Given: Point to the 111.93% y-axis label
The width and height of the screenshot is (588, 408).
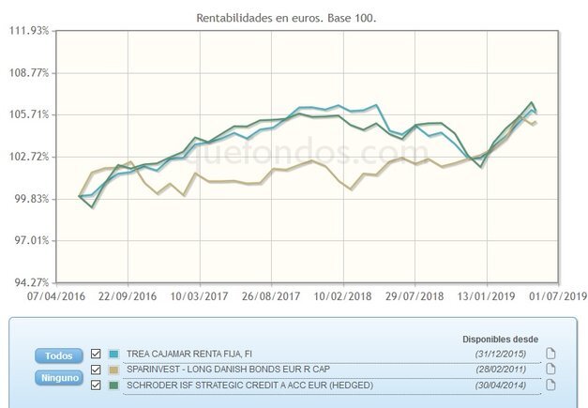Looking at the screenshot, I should point(28,31).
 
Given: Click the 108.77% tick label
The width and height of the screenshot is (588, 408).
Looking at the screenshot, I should point(28,72).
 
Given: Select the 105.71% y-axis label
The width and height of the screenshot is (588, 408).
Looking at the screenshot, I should point(28,114).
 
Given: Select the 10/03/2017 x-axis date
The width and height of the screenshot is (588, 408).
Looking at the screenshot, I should point(200,295).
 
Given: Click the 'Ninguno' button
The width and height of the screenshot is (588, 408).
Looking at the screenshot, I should point(59,378).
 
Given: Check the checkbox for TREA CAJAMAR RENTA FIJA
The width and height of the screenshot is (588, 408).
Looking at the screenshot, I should point(95,354).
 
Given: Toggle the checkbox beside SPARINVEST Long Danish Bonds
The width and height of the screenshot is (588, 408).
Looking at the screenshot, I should point(95,369).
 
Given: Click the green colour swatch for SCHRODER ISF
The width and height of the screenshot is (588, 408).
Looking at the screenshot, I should point(114,384).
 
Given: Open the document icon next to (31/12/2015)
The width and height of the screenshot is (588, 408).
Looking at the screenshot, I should point(551,353).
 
